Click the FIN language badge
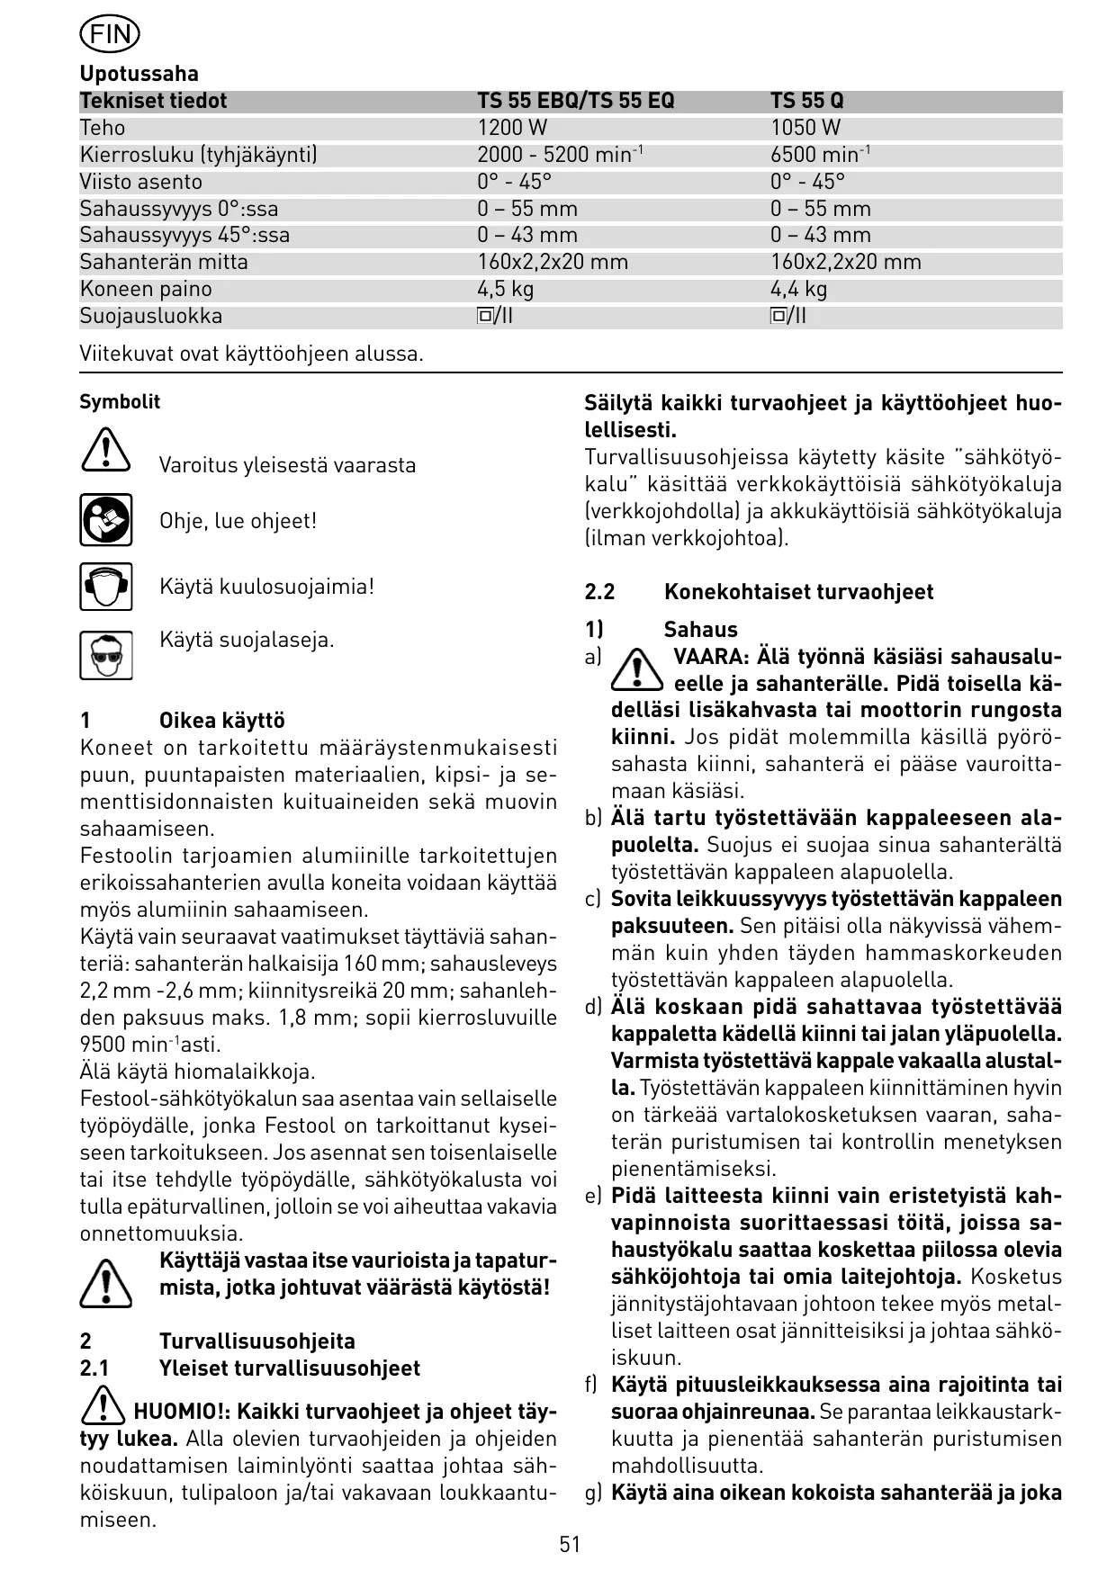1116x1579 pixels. tap(110, 35)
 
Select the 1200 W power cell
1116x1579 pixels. tap(512, 128)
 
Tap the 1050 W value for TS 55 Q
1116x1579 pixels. tap(805, 128)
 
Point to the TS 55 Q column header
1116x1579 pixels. tap(807, 101)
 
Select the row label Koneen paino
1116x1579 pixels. tap(146, 289)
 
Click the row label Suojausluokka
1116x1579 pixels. tap(150, 316)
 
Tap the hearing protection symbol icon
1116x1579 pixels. tap(105, 587)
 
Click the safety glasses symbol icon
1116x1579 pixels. tap(105, 654)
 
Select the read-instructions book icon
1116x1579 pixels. tap(105, 520)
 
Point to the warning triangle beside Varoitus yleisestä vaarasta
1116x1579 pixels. tap(105, 450)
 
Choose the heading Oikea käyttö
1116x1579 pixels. tap(221, 721)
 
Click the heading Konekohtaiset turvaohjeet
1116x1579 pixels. tap(798, 592)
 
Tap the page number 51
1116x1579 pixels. tap(570, 1544)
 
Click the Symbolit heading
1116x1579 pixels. tap(120, 402)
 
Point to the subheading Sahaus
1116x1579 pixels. tap(700, 630)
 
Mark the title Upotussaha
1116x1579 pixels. tap(139, 74)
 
